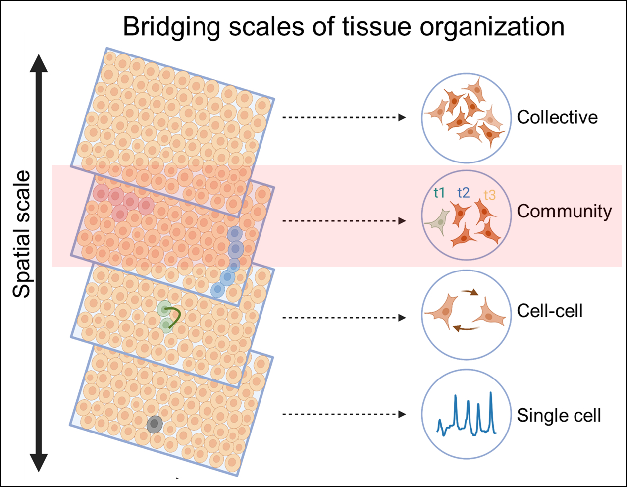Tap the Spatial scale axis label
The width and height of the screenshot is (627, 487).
(22, 234)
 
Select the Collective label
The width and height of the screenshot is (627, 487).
(557, 117)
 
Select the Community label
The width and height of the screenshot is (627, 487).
(564, 211)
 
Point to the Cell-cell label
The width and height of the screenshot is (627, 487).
(550, 311)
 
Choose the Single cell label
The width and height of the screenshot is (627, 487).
(559, 415)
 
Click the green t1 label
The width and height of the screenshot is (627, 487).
(439, 193)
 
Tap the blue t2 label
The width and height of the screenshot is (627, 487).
(463, 193)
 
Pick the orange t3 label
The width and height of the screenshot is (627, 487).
(489, 195)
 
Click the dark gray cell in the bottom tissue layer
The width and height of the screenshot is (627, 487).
(155, 424)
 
